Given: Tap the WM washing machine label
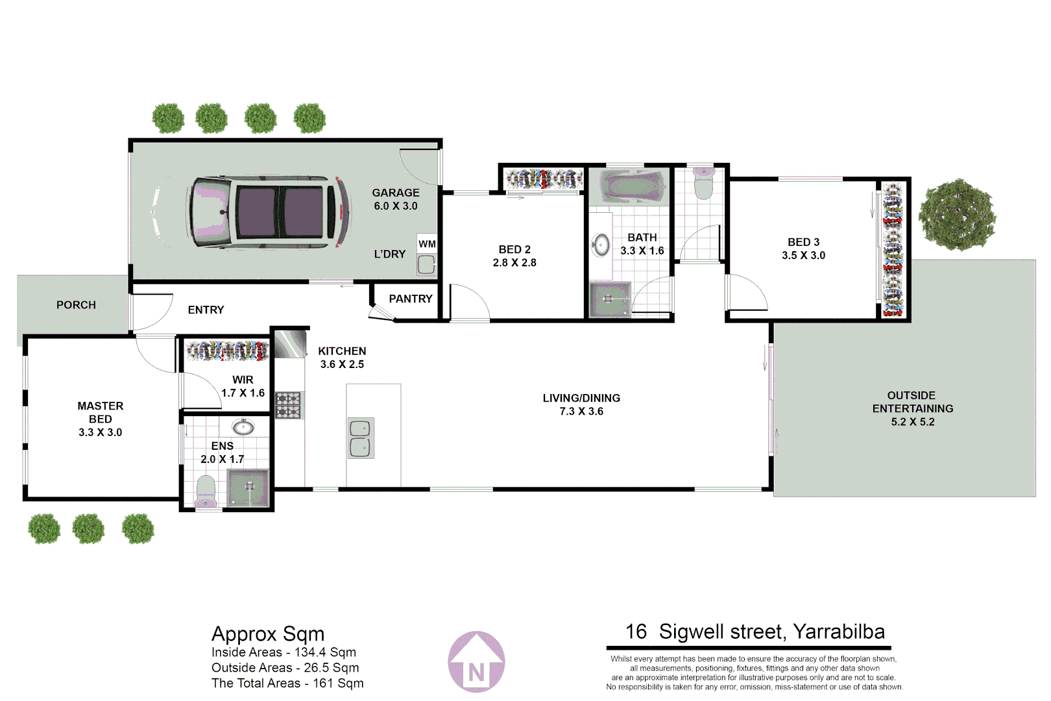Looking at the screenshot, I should [x=427, y=244].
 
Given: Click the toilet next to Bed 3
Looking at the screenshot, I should [x=703, y=183].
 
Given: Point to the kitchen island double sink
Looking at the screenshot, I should [x=360, y=438].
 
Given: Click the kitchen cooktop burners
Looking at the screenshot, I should [x=289, y=405].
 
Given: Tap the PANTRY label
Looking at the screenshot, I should [x=410, y=299].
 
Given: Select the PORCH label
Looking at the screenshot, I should [x=76, y=304].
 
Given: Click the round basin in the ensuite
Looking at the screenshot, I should [x=243, y=427].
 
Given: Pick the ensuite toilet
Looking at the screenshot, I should [x=206, y=491].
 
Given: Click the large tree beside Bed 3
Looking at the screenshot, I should [x=956, y=215].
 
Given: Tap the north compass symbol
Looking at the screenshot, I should [x=476, y=662].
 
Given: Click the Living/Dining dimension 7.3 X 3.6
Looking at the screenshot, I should [x=581, y=412].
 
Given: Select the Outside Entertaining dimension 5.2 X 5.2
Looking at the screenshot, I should [x=912, y=422].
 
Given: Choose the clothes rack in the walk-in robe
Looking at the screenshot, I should [x=227, y=351].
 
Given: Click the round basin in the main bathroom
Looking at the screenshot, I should [x=601, y=245].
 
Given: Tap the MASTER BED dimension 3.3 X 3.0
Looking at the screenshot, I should [x=100, y=432].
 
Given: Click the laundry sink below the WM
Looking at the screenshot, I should [x=426, y=264].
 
